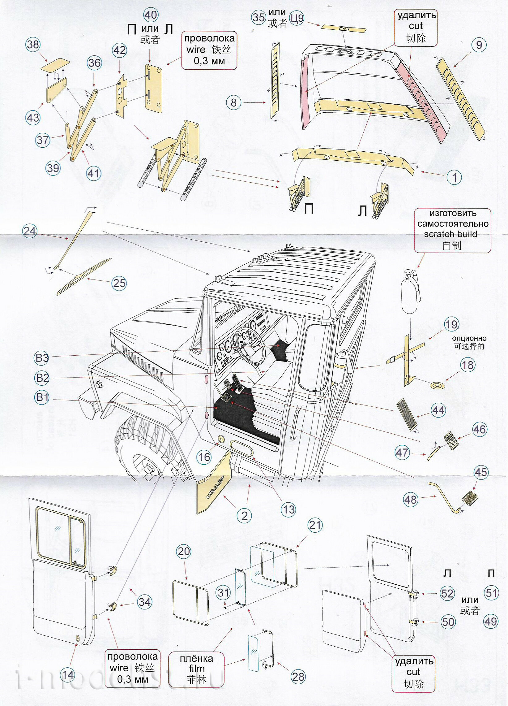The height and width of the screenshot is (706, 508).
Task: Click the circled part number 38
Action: point(33,44)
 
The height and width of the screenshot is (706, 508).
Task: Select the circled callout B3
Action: point(42,358)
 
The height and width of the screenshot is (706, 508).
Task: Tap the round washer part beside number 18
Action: point(437,386)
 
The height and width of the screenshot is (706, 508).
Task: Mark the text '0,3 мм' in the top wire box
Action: point(209,61)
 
